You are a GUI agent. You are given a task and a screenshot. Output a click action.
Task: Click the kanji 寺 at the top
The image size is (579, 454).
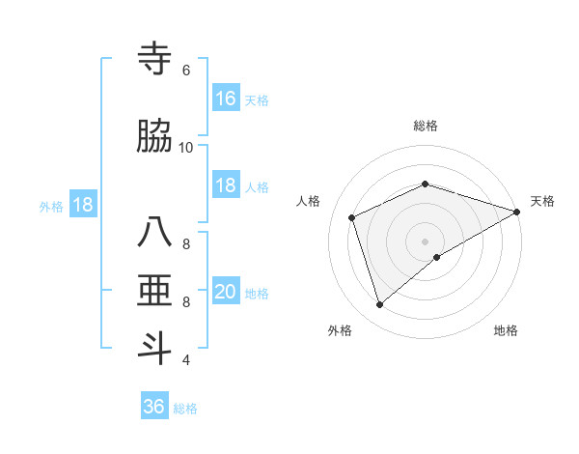[x=155, y=59]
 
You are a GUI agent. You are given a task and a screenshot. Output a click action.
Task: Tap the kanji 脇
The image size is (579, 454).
[x=155, y=136]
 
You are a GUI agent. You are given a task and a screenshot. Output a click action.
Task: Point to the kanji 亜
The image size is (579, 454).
[x=155, y=291]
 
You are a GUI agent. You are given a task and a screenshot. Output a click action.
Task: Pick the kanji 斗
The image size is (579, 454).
[x=155, y=349]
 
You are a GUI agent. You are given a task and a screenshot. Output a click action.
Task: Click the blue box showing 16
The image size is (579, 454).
[x=226, y=99]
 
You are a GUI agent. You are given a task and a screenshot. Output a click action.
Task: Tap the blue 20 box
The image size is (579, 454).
[x=226, y=292]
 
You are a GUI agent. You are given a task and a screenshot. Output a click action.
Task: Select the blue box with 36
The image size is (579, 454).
[x=154, y=407]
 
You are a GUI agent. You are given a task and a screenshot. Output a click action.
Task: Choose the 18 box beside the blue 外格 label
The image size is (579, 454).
[x=82, y=205]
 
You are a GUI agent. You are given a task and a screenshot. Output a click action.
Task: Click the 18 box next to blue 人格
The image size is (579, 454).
[x=226, y=185]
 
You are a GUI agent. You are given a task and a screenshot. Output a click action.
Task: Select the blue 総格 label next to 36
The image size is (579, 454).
[x=186, y=408]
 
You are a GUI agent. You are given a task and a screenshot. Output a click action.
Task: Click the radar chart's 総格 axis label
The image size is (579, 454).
[x=426, y=126]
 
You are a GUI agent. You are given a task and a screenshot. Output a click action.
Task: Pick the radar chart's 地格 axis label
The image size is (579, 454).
[x=506, y=330]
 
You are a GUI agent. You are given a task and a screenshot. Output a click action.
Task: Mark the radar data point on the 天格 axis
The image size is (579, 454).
[x=517, y=212]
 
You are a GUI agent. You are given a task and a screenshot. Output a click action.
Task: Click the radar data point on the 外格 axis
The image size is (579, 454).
[x=380, y=305]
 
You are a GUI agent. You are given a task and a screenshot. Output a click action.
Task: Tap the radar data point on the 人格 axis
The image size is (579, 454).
[x=352, y=217]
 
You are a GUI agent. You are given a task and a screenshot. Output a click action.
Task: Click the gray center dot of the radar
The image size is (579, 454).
[x=426, y=241]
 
